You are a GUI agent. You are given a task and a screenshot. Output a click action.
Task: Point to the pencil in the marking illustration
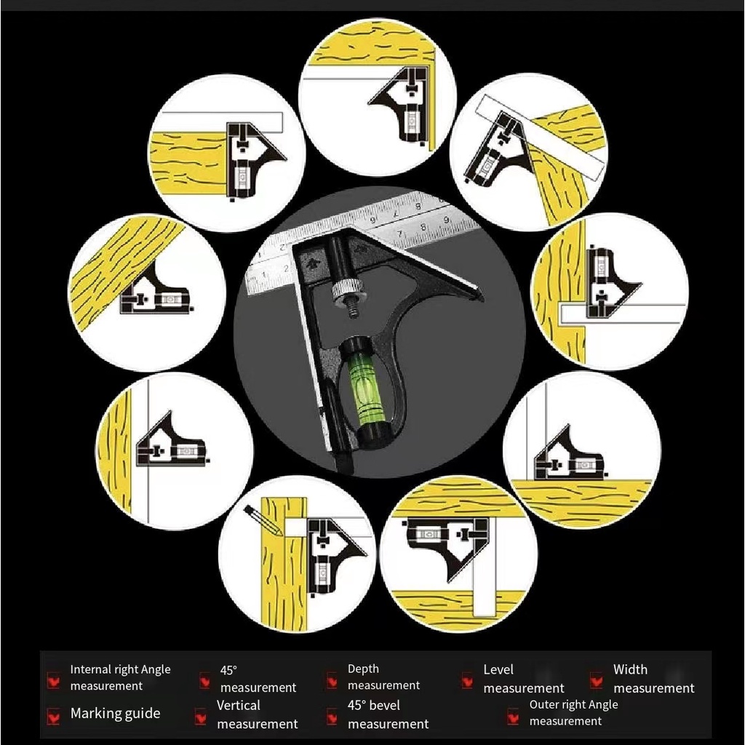click(263, 521)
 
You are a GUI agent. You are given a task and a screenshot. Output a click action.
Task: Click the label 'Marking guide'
click(115, 714)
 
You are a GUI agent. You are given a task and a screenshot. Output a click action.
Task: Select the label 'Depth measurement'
click(383, 677)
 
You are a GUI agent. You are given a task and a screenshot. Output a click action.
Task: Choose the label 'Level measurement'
click(524, 679)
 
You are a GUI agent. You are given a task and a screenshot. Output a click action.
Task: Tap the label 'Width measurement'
click(654, 679)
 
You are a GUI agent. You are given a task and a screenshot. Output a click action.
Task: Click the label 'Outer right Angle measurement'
click(573, 713)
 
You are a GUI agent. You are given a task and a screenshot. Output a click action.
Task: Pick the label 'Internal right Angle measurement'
click(120, 677)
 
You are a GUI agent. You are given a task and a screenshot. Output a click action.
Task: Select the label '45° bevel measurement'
click(388, 714)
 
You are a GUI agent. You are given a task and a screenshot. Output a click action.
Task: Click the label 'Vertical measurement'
click(257, 714)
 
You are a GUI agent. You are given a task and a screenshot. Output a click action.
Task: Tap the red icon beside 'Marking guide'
click(54, 716)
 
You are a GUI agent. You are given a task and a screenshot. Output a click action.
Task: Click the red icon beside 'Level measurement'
click(468, 681)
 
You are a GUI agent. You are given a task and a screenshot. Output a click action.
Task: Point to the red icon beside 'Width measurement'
click(597, 681)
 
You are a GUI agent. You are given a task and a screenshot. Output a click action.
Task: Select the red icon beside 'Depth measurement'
click(332, 681)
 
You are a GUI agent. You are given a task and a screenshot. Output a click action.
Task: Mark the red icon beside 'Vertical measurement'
click(201, 717)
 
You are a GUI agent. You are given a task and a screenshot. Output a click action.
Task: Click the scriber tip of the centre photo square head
click(480, 299)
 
